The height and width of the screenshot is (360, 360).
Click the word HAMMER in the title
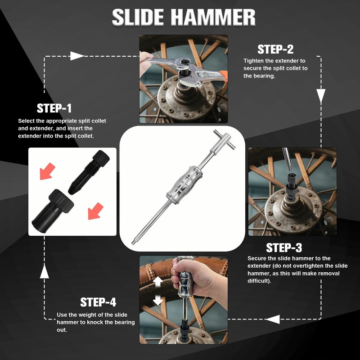coord(213,18)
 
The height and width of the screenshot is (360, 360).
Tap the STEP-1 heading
coord(54,108)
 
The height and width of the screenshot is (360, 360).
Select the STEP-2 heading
coord(275,49)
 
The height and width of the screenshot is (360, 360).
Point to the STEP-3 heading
coord(284,248)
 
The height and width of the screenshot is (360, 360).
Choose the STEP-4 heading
coord(99,302)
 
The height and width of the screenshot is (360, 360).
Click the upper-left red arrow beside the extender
coord(47,171)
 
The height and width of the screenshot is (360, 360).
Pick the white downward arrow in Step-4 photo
coord(157,300)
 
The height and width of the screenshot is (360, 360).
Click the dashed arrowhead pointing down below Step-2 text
coord(320,95)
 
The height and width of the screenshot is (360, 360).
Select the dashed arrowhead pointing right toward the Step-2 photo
coord(77,56)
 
